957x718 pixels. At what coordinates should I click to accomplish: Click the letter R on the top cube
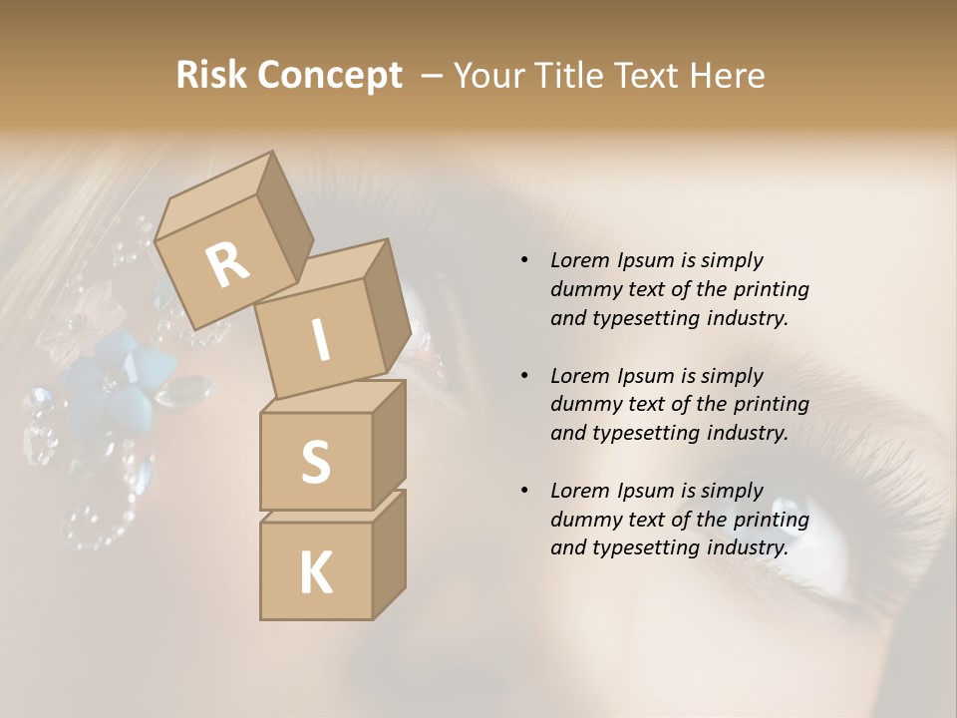click(x=227, y=265)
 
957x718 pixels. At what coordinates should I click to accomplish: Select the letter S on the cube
click(x=315, y=462)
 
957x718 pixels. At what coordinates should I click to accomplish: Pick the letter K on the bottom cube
click(x=315, y=573)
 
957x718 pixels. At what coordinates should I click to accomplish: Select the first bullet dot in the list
click(x=524, y=260)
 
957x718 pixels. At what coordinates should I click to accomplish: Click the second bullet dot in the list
click(x=524, y=376)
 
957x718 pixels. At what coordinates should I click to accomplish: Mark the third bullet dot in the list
click(x=524, y=491)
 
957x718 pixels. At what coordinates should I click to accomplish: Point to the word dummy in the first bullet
click(x=584, y=289)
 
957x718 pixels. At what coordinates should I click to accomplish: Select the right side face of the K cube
click(x=389, y=553)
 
